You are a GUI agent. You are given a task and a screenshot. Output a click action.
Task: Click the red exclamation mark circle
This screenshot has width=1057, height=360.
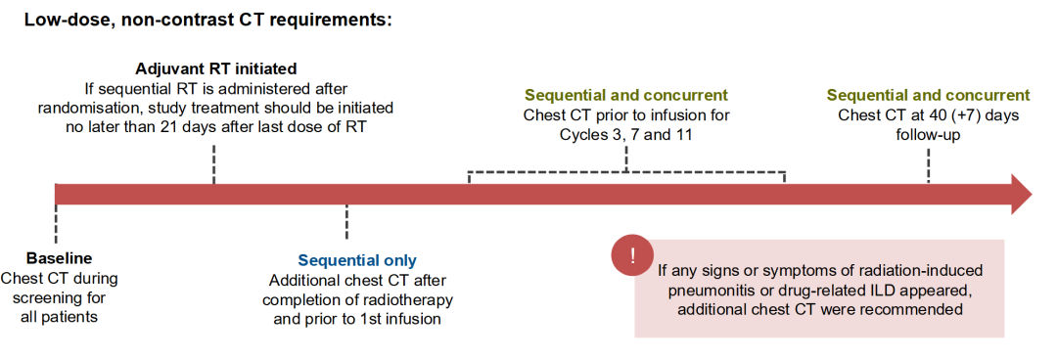click(632, 256)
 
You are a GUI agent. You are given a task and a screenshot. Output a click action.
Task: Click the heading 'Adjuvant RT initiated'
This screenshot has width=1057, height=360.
click(216, 68)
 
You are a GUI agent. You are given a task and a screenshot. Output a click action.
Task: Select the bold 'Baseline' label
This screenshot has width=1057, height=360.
click(60, 258)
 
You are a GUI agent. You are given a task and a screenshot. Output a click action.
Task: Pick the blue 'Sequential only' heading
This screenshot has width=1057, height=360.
click(357, 260)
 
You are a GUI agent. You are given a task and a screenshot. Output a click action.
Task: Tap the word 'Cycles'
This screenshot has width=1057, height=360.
click(581, 134)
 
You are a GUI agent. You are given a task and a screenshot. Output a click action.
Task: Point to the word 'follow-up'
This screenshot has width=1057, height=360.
click(928, 134)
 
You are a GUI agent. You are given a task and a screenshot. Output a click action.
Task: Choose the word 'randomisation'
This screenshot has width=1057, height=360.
click(81, 108)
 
